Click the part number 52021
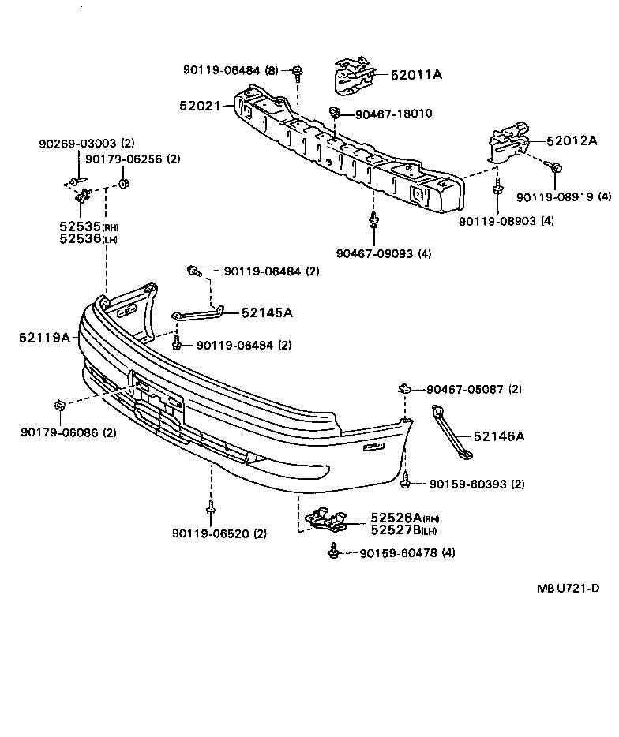point(201,104)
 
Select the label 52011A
point(416,75)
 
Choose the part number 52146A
point(499,436)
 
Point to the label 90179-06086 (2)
point(69,432)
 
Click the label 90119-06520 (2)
point(219,533)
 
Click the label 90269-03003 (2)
point(87,144)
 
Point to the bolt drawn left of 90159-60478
point(336,552)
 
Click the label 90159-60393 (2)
point(477,484)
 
